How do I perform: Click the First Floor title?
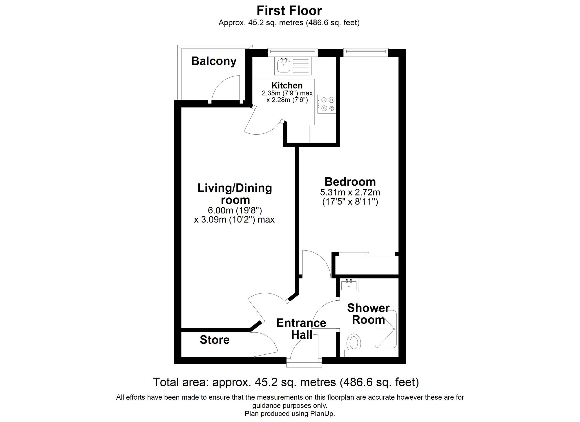(289, 11)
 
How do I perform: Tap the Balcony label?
(214, 61)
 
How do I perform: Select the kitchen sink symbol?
(283, 66)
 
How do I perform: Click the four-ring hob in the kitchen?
(327, 104)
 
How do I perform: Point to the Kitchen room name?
(287, 86)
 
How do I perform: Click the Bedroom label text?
(350, 182)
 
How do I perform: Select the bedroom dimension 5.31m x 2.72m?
(350, 192)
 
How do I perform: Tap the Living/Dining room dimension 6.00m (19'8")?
(235, 210)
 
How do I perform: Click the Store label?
(215, 340)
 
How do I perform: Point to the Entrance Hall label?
(301, 329)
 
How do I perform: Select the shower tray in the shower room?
(385, 329)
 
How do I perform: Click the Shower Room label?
(368, 314)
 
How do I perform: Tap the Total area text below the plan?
(286, 382)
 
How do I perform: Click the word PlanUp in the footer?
(324, 414)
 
